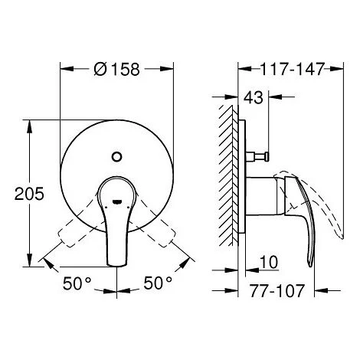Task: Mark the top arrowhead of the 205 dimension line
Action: [31, 121]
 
